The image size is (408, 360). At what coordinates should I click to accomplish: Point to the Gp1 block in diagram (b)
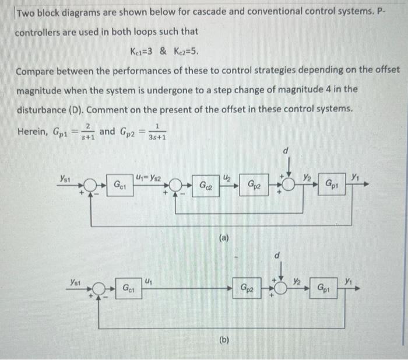[326, 288]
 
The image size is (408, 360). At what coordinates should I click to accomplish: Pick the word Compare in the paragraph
[36, 70]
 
